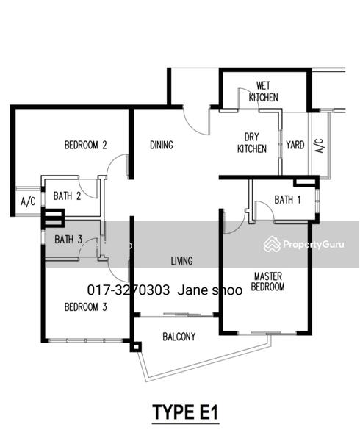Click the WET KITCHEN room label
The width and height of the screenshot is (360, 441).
(263, 91)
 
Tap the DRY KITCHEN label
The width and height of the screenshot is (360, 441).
(252, 143)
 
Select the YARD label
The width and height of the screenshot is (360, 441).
(295, 145)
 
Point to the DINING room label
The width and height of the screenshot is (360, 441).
(162, 145)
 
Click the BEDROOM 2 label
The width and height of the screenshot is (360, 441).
(85, 145)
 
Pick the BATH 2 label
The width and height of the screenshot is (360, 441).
(67, 196)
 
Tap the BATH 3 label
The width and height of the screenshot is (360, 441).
(68, 240)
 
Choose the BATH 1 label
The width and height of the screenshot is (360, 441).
(287, 200)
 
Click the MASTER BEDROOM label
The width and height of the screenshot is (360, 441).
(267, 282)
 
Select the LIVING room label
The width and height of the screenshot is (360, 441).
(181, 261)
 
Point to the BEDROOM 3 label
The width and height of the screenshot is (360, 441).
(86, 306)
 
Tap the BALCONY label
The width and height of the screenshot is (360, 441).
(179, 337)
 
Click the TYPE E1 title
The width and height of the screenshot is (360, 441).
(185, 412)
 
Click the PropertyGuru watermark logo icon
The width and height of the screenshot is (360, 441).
(272, 244)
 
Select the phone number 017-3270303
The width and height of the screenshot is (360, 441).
(129, 290)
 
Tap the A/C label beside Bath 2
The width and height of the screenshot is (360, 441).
(29, 201)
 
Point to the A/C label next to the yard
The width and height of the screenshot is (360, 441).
(320, 146)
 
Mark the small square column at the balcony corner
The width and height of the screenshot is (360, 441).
(136, 348)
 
